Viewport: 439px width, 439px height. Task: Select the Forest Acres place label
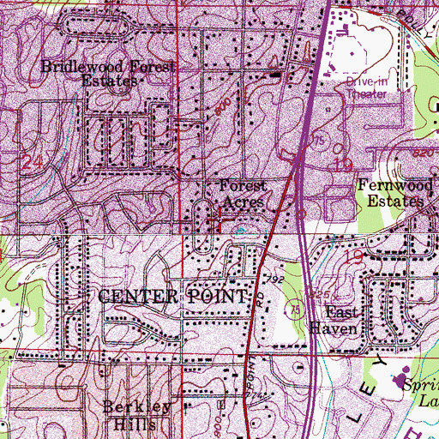(x=244, y=194)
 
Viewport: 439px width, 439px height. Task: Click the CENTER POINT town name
(x=173, y=296)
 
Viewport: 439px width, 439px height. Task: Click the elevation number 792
(x=274, y=280)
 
